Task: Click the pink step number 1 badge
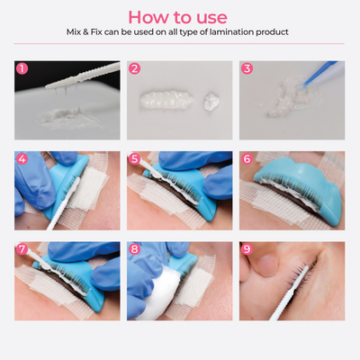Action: tap(22, 68)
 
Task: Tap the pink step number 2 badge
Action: tap(134, 68)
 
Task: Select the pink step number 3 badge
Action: tap(247, 68)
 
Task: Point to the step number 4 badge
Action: tap(22, 158)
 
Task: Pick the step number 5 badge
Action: tap(134, 158)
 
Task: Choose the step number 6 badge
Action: tap(247, 158)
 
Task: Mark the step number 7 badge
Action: tap(22, 249)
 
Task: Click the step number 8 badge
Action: tap(134, 249)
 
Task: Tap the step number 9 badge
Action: tap(247, 249)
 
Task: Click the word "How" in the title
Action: tap(145, 17)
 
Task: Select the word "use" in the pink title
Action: tap(211, 18)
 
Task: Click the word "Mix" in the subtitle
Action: tap(74, 31)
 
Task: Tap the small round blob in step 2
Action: tap(211, 100)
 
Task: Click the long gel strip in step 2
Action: tap(166, 99)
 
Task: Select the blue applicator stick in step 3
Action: tap(319, 73)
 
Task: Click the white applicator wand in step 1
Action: tap(83, 76)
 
